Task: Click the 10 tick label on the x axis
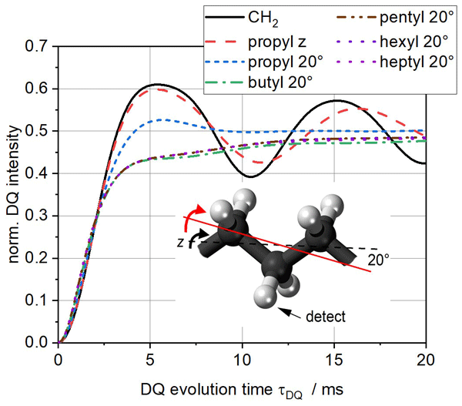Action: click(x=243, y=359)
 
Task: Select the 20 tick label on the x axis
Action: click(x=426, y=359)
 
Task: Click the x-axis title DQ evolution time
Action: click(x=243, y=389)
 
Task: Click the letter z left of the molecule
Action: click(x=179, y=242)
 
